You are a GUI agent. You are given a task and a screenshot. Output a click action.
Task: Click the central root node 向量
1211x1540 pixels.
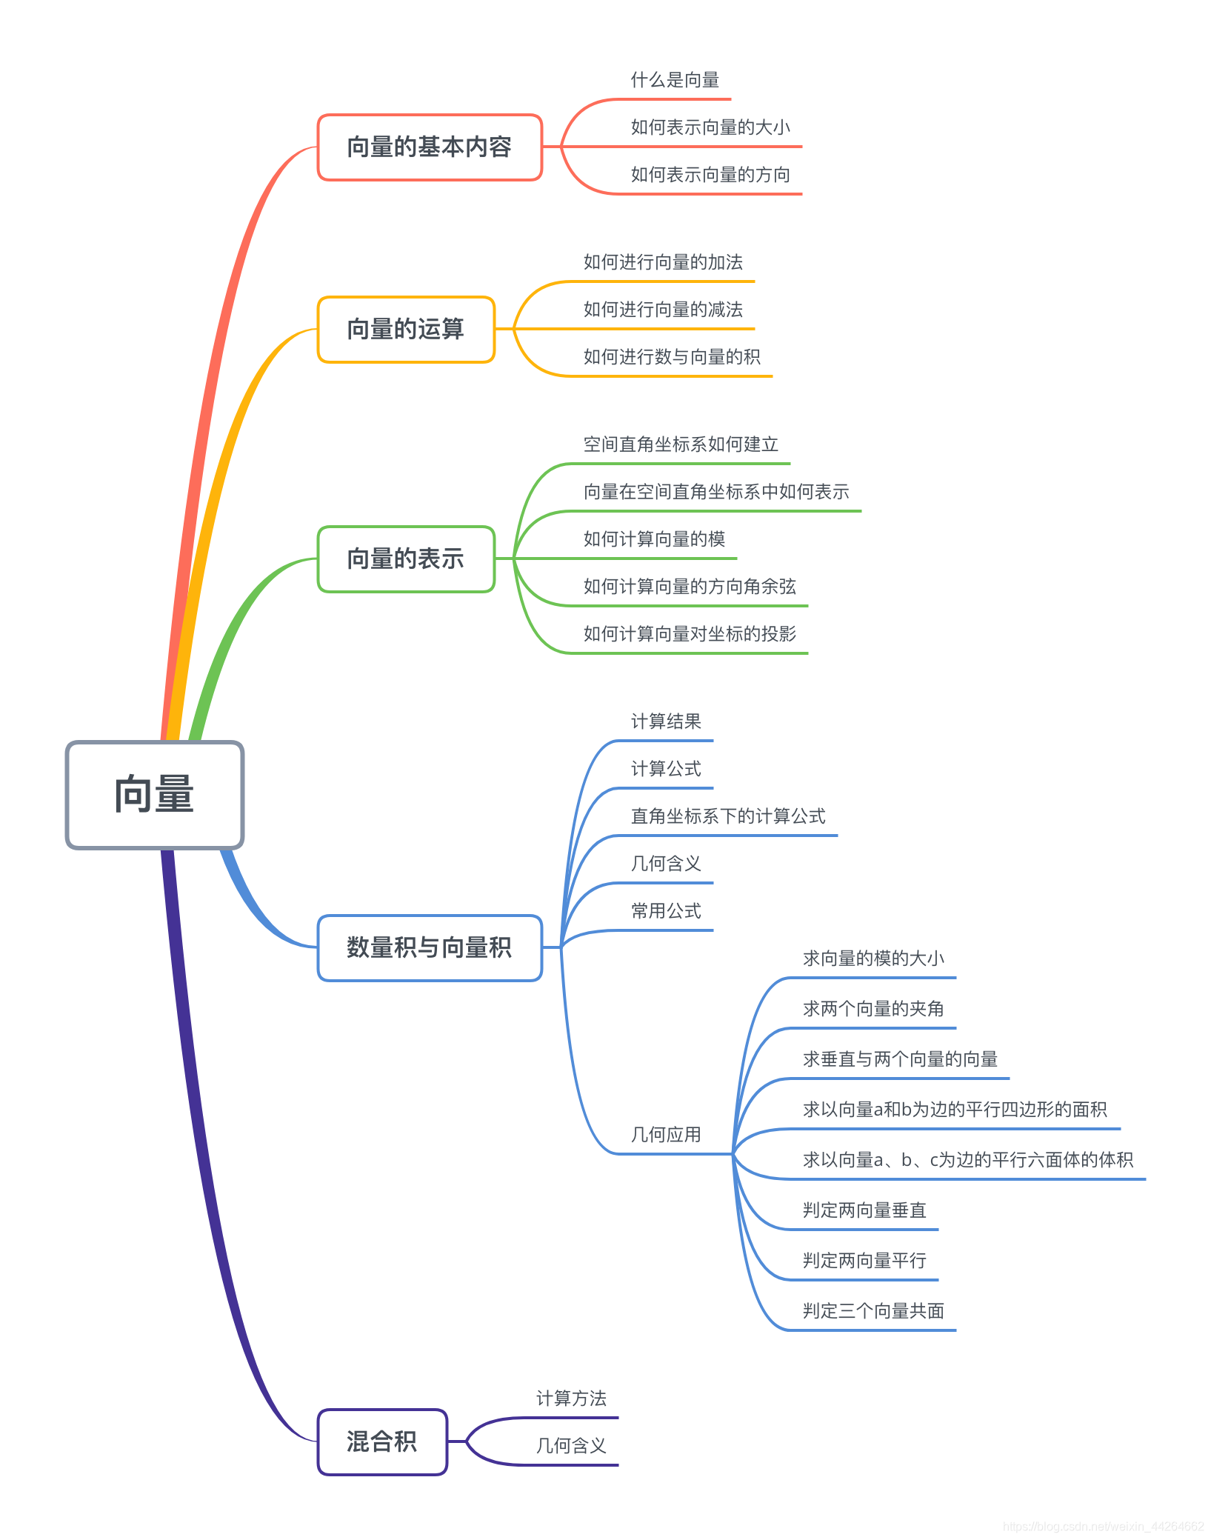pyautogui.click(x=155, y=795)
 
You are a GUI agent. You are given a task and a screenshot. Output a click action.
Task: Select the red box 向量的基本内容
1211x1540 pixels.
pyautogui.click(x=430, y=147)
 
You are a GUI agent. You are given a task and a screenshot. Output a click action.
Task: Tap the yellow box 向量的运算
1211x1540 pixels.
pyautogui.click(x=406, y=330)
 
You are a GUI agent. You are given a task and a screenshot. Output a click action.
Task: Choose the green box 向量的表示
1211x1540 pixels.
pyautogui.click(x=406, y=559)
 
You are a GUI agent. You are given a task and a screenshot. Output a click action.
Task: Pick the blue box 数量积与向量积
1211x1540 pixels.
pyautogui.click(x=430, y=948)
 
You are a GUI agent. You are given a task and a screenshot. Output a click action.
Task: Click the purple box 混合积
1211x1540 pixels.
pyautogui.click(x=382, y=1442)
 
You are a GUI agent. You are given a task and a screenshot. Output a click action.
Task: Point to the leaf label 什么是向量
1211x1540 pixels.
pyautogui.click(x=675, y=80)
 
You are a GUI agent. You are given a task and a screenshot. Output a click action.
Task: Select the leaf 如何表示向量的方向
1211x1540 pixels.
pyautogui.click(x=710, y=175)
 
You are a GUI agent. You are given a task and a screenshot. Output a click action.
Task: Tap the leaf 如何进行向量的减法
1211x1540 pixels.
pyautogui.click(x=663, y=310)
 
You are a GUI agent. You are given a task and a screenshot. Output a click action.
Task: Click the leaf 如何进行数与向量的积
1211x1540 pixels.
pyautogui.click(x=672, y=357)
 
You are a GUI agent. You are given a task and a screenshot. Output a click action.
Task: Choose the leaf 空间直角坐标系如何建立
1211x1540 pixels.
pyautogui.click(x=681, y=444)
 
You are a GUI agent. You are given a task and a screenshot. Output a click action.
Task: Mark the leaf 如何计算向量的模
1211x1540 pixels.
pyautogui.click(x=654, y=539)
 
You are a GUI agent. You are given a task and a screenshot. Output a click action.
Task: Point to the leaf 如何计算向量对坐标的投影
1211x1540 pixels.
pyautogui.click(x=690, y=634)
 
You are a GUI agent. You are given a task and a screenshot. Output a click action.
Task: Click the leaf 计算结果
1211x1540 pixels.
pyautogui.click(x=666, y=721)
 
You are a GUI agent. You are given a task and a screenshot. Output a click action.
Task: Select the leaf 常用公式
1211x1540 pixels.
pyautogui.click(x=666, y=911)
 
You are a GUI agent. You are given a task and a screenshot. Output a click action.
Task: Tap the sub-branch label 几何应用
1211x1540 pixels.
pyautogui.click(x=666, y=1135)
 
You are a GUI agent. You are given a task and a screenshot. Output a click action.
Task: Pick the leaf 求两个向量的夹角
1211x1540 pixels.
pyautogui.click(x=873, y=1009)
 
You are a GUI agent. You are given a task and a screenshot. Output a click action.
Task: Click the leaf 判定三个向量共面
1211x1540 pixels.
pyautogui.click(x=873, y=1311)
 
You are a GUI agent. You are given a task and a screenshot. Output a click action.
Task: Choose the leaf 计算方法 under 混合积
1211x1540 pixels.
pyautogui.click(x=571, y=1399)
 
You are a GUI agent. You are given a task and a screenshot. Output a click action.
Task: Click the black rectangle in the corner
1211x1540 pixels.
pyautogui.click(x=1044, y=91)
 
